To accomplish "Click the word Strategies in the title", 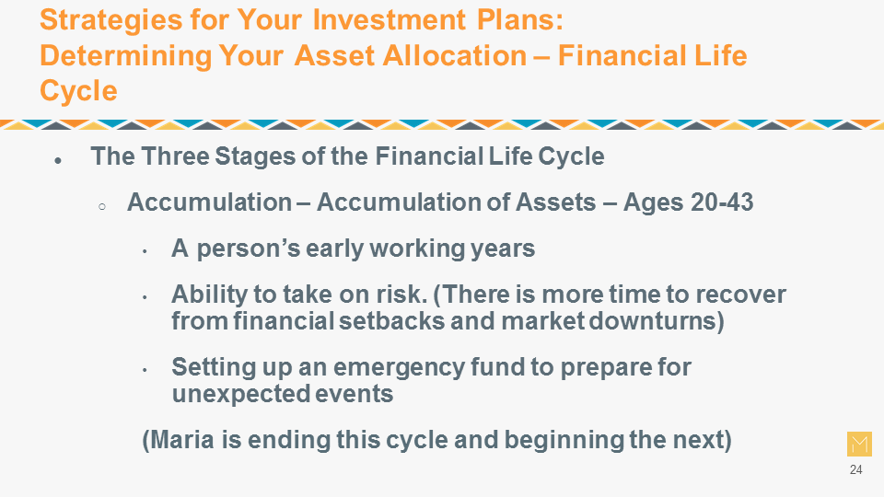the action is pos(110,21).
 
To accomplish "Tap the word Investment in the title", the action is pos(389,19).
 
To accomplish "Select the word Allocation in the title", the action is pos(454,56).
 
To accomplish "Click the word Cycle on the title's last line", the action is pos(78,91).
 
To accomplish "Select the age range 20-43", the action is pos(722,202).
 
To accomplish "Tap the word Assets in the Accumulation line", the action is pos(556,202).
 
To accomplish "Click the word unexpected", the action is pos(239,394).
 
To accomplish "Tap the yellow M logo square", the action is pos(859,444).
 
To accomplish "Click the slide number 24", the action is pos(855,469).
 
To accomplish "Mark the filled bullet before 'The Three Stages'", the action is pos(58,161).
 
